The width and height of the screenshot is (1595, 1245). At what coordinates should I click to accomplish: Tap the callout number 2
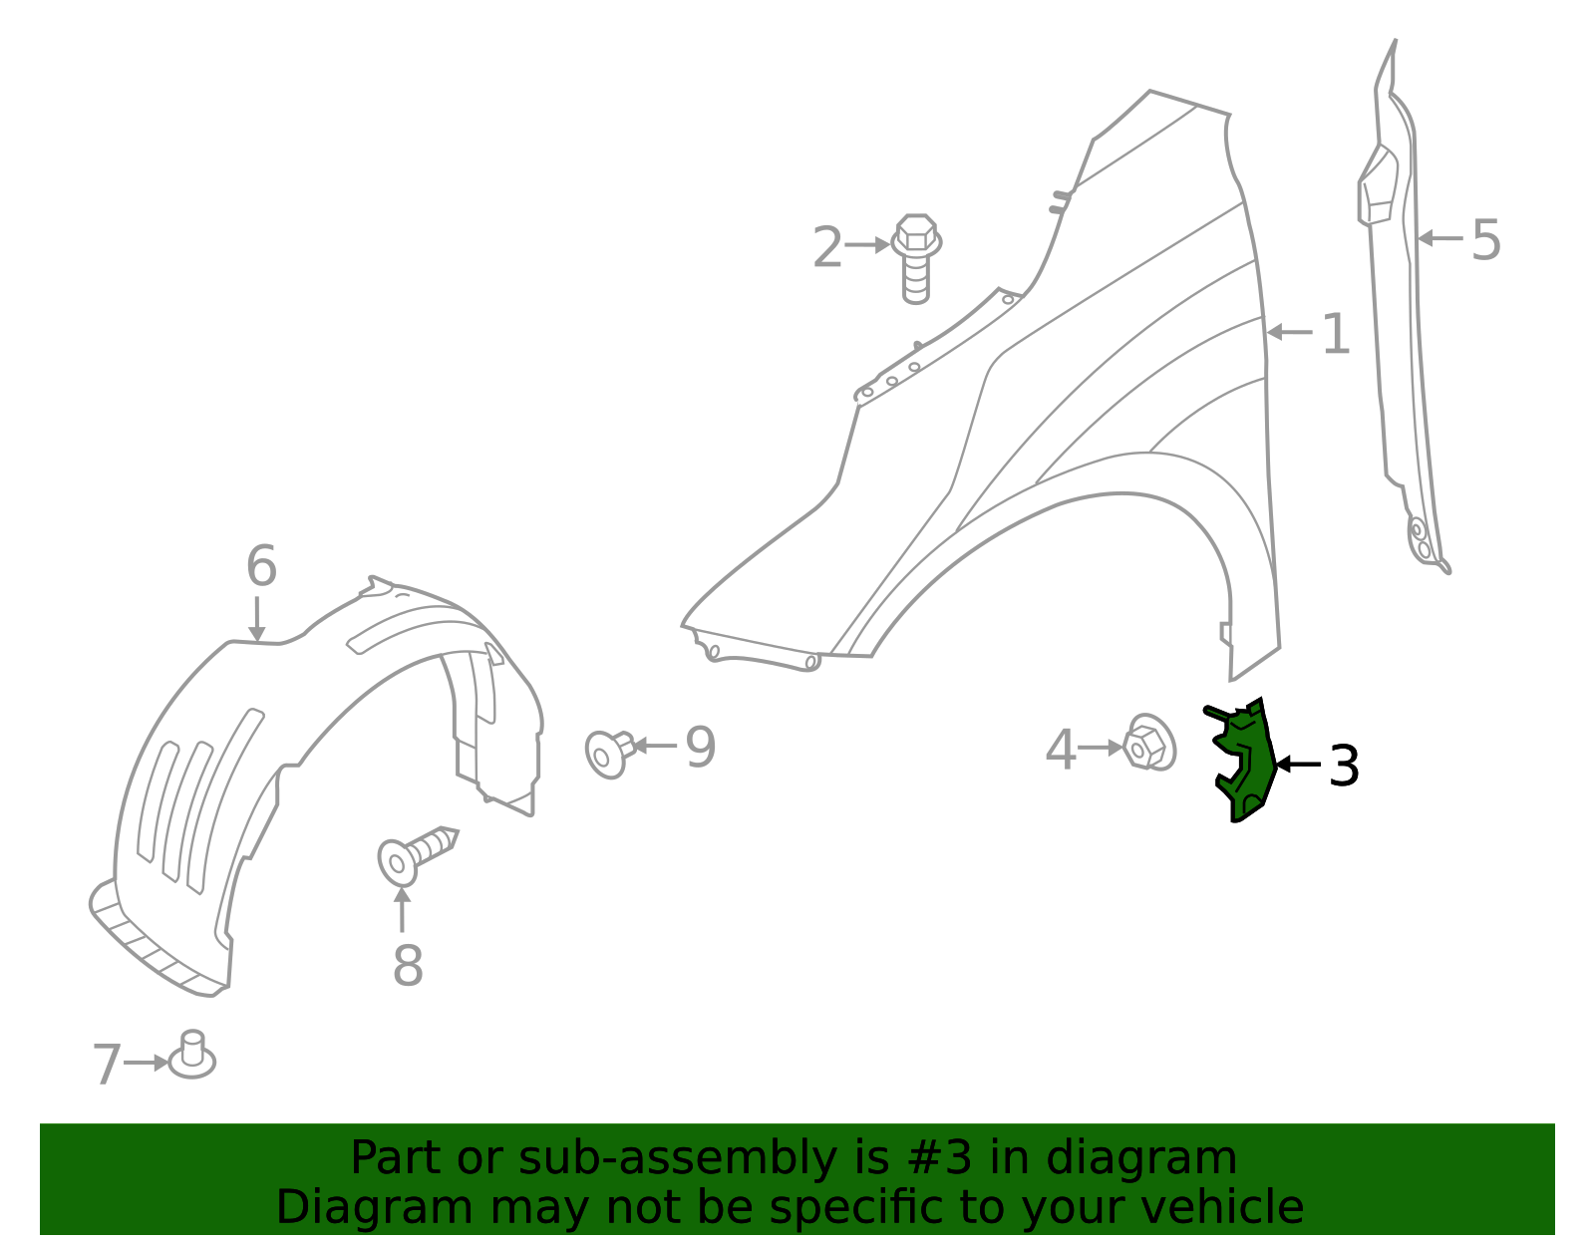coord(827,247)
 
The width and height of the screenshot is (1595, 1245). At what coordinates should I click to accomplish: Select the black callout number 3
coord(1344,766)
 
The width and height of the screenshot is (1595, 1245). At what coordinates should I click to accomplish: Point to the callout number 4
coord(1060,750)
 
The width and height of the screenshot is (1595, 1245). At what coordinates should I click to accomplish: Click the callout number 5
coord(1485,240)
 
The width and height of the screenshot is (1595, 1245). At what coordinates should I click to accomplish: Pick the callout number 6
coord(260,566)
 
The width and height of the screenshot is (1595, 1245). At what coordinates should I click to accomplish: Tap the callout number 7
coord(106,1064)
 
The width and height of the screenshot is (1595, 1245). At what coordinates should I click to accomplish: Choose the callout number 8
coord(408,965)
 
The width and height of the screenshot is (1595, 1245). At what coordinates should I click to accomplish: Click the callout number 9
coord(700,747)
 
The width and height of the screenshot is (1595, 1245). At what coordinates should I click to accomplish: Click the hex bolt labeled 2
coord(916,256)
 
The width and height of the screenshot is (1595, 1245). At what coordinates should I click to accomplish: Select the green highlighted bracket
coord(1246,763)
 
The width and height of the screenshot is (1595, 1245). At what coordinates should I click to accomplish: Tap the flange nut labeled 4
coord(1148,743)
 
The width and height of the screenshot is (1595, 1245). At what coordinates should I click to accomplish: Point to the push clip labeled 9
coord(608,753)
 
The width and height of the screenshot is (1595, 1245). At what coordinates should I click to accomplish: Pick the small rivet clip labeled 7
coord(191,1058)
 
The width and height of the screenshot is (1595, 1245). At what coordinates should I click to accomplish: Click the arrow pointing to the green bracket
coord(1298,765)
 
